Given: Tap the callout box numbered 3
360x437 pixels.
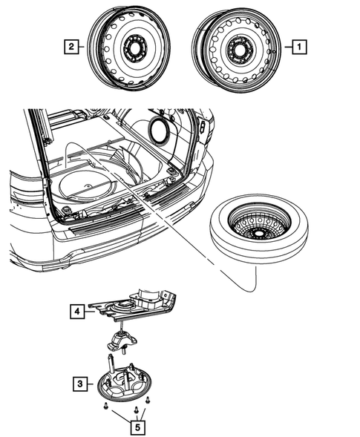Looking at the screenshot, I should (x=78, y=384).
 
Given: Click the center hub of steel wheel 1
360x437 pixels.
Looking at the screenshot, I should (x=238, y=50).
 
